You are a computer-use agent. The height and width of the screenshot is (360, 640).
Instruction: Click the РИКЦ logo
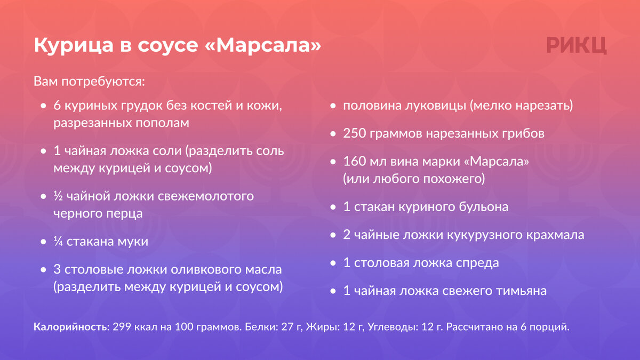(577, 45)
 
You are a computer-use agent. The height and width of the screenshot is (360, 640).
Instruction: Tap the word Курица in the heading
(74, 46)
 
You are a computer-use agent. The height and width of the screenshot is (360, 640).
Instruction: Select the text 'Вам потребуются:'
(90, 82)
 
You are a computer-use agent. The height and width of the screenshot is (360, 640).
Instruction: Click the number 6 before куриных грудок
(57, 106)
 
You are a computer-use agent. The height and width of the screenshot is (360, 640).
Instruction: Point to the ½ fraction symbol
(58, 196)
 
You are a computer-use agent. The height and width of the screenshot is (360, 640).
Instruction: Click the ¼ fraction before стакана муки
(58, 242)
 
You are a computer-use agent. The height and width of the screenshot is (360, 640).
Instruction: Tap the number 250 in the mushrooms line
(354, 134)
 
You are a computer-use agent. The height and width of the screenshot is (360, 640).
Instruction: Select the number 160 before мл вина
(354, 162)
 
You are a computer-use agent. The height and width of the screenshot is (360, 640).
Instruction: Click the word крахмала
(555, 235)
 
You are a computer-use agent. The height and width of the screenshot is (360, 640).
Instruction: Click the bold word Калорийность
(70, 327)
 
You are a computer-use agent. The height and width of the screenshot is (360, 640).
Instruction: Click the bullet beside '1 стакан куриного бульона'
(333, 207)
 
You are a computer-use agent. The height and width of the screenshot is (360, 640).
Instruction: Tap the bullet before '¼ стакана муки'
(43, 242)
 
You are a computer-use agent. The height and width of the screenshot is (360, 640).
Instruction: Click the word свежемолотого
(206, 197)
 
